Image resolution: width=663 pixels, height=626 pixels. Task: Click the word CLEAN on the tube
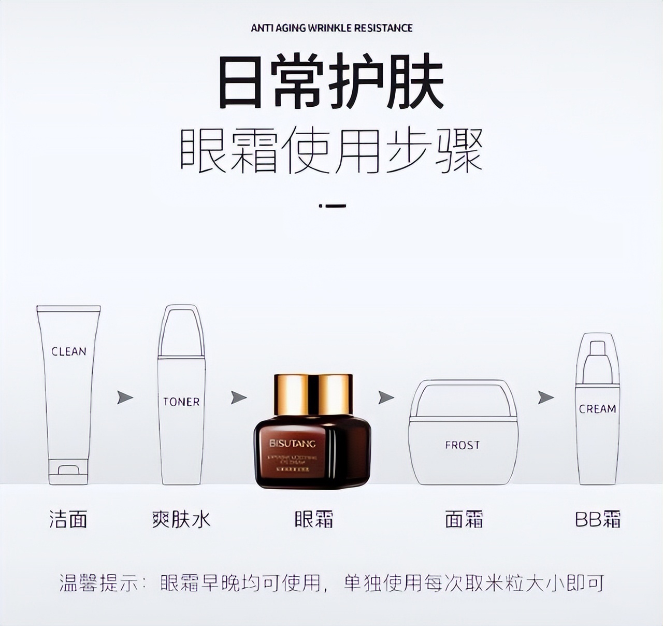(x=69, y=351)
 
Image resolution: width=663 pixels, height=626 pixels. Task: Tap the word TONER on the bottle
(x=181, y=402)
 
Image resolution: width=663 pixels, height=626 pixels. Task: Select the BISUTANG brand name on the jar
(x=292, y=444)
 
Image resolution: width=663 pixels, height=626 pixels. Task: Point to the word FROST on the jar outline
(x=462, y=445)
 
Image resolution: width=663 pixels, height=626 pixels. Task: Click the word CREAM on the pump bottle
(x=597, y=409)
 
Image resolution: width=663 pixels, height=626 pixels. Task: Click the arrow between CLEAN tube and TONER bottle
(x=125, y=397)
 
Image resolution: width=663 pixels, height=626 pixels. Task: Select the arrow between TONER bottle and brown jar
(x=238, y=397)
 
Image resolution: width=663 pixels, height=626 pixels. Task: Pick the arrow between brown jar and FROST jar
(x=386, y=397)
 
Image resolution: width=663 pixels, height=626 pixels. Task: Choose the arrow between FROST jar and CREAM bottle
(x=545, y=397)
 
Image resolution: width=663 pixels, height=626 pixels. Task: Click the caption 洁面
(x=68, y=519)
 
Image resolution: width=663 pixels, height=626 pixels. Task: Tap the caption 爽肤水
(x=181, y=519)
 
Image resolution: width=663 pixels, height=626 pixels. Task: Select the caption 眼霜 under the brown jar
(x=314, y=519)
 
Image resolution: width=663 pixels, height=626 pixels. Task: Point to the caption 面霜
(x=464, y=519)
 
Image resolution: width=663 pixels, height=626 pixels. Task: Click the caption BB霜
(x=598, y=519)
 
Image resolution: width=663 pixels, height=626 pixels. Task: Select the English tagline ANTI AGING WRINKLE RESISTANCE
(x=331, y=28)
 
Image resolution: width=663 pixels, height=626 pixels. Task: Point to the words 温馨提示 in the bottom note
(x=99, y=584)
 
